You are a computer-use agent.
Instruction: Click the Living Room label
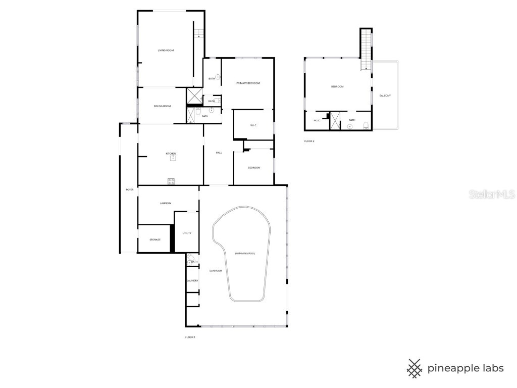[x=166, y=51]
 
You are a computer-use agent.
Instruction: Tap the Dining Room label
[x=163, y=106]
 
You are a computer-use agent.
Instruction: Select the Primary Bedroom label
[x=248, y=83]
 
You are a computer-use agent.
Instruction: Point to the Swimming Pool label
[x=245, y=253]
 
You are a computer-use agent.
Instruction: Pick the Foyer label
[x=130, y=189]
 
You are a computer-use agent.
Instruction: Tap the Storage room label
[x=155, y=239]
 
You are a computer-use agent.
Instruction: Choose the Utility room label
[x=187, y=233]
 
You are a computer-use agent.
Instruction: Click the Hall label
[x=219, y=153]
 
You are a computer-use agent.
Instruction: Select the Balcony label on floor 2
[x=385, y=95]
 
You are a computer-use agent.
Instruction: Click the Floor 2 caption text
[x=309, y=141]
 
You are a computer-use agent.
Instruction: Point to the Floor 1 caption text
[x=190, y=337]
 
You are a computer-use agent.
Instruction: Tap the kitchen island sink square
[x=173, y=158]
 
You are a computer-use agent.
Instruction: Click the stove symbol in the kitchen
[x=171, y=181]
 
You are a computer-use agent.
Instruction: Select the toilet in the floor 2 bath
[x=367, y=126]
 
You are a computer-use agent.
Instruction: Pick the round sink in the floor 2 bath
[x=349, y=127]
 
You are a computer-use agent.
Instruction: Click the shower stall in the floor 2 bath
[x=335, y=121]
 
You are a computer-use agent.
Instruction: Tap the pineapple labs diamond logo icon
[x=415, y=368]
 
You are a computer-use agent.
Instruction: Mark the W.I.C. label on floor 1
[x=253, y=125]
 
